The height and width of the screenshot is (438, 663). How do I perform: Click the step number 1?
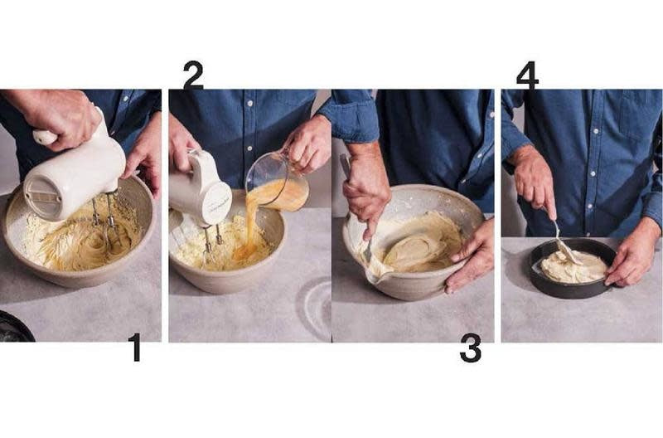(x=135, y=347)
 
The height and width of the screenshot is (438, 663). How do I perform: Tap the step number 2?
(x=193, y=75)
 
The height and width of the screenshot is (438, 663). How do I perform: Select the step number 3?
(x=471, y=348)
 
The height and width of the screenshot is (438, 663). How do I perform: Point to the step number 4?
(x=527, y=75)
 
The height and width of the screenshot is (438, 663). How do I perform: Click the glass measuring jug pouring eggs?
(x=277, y=182)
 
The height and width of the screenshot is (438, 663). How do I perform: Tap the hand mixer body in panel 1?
(x=74, y=169)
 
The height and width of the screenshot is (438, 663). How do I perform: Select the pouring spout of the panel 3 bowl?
(x=375, y=277)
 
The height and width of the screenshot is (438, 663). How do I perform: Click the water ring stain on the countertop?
(x=315, y=304)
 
